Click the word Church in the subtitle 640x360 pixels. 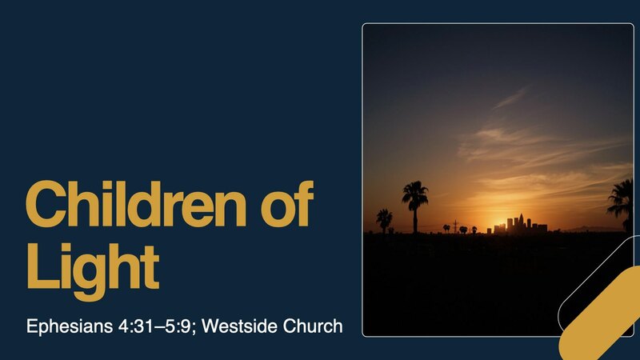point(315,326)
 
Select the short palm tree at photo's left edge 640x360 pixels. point(384,219)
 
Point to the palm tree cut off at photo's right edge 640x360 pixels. point(621,203)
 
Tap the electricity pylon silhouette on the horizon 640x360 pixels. point(455,226)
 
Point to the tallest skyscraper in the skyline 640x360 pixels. point(518,222)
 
